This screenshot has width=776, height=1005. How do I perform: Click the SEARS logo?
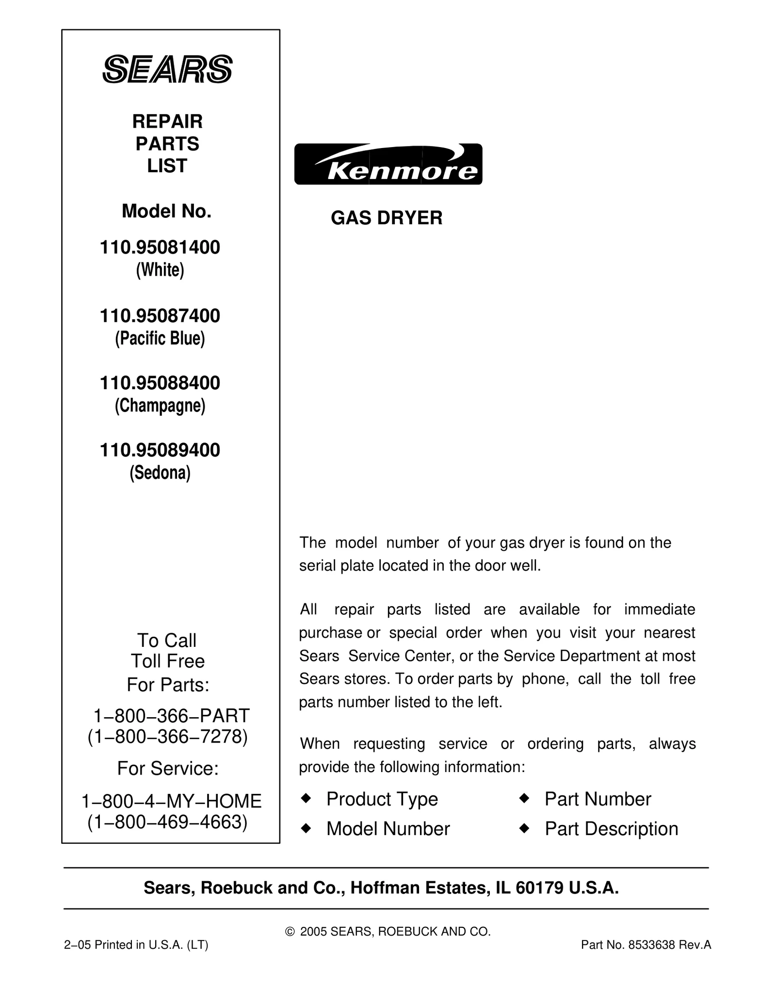pos(167,69)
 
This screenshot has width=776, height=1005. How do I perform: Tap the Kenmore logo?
pos(388,164)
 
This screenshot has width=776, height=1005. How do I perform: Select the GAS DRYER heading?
pos(387,218)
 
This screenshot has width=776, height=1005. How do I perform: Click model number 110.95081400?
pos(160,248)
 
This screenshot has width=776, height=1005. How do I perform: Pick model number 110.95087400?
pos(160,316)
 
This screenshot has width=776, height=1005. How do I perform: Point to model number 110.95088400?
pos(160,383)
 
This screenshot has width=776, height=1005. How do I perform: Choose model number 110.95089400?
pos(160,450)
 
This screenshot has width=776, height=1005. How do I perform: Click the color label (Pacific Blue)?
pos(160,338)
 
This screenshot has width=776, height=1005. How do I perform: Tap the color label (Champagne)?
pos(160,406)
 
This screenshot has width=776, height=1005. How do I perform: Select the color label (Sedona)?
pos(160,473)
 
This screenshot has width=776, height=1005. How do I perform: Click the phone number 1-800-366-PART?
pos(171,716)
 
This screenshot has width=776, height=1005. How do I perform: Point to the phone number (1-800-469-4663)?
pos(168,822)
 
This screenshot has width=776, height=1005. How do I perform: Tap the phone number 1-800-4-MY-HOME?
pos(171,801)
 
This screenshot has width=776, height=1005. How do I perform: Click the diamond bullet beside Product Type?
pos(306,798)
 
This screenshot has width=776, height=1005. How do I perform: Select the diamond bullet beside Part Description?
pos(524,828)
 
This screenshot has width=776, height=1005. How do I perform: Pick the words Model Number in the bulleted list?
pos(388,829)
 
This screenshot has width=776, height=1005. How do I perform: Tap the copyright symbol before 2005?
pos(290,932)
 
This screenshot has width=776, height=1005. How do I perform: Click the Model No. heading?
pos(167,211)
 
